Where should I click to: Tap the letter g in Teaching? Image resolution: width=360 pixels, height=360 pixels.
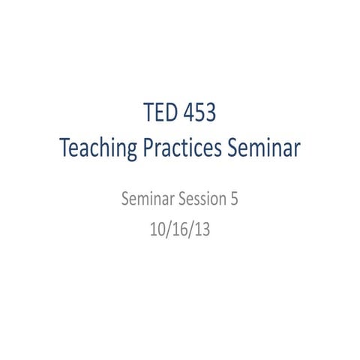(130, 151)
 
